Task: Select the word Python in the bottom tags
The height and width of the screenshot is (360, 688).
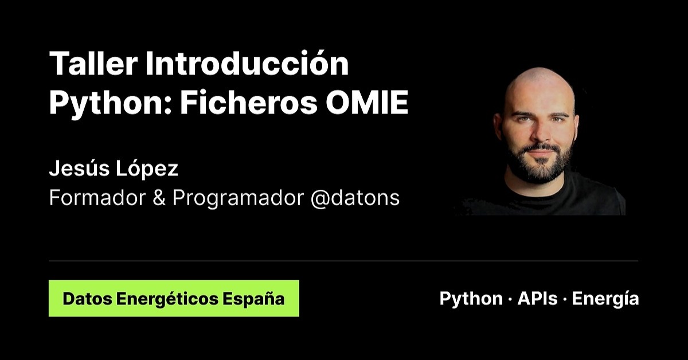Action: [x=471, y=299]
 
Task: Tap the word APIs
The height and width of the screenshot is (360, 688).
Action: [x=537, y=299]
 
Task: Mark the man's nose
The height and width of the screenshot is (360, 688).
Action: [x=538, y=132]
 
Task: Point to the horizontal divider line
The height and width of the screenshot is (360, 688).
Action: [x=343, y=261]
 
